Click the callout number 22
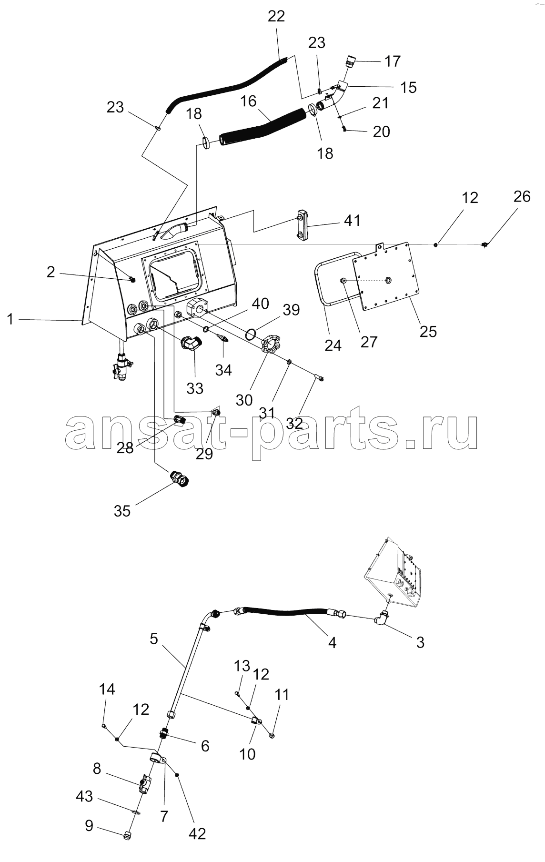click(x=276, y=16)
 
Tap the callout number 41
click(x=352, y=221)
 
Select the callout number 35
click(x=122, y=511)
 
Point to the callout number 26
click(x=522, y=196)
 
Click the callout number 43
click(x=84, y=796)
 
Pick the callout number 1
click(x=10, y=319)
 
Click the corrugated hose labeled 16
click(x=262, y=126)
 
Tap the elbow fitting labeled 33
click(x=192, y=344)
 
